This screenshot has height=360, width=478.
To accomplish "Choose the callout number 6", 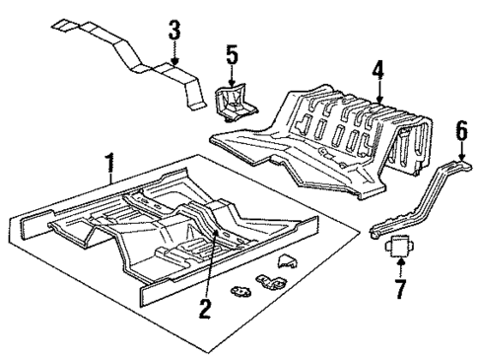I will coord(460,130).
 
